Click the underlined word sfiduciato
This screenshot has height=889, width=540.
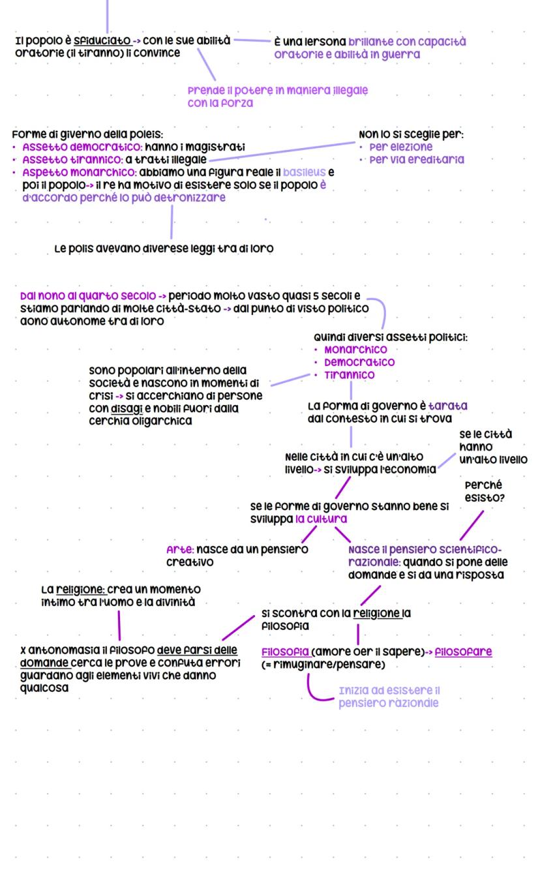[x=102, y=40]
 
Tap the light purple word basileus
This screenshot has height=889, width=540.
[x=304, y=172]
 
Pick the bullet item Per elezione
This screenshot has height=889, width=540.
[x=400, y=147]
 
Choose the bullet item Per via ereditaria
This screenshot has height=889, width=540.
[x=417, y=160]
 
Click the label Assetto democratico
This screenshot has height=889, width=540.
[x=82, y=147]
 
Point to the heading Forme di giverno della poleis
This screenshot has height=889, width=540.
[x=87, y=134]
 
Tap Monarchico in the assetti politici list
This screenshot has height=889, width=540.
[x=355, y=350]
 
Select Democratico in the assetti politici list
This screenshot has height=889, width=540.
[x=359, y=363]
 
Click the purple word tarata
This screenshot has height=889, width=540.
[x=447, y=406]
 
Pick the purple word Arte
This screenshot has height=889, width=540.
[x=180, y=550]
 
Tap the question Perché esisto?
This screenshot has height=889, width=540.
[x=484, y=491]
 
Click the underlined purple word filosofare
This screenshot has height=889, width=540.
[x=463, y=652]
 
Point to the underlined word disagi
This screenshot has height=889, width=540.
[x=127, y=409]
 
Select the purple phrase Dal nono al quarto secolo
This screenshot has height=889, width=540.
[x=87, y=296]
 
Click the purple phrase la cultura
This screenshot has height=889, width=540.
[x=321, y=519]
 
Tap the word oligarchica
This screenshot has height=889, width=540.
[x=162, y=421]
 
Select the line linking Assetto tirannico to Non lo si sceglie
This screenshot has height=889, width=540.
[x=282, y=151]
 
